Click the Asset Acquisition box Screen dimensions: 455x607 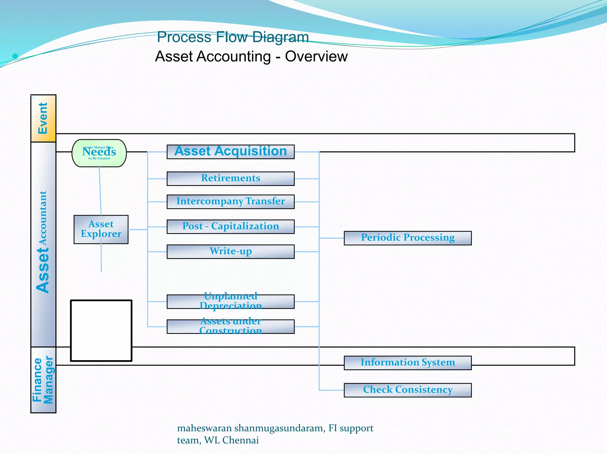[x=231, y=152]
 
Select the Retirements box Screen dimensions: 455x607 [x=231, y=179]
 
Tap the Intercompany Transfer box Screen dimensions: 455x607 [x=231, y=202]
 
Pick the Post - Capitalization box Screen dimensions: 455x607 [x=231, y=227]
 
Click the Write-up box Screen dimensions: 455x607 [x=231, y=251]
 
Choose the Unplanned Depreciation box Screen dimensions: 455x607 [x=231, y=302]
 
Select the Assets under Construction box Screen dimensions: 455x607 [x=231, y=326]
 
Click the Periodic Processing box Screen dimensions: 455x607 [x=408, y=238]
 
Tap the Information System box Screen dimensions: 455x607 [x=408, y=363]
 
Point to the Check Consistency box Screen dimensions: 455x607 [x=408, y=390]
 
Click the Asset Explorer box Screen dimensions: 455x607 [x=101, y=229]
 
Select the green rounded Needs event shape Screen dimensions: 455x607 [x=99, y=153]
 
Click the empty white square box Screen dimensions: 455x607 [x=101, y=331]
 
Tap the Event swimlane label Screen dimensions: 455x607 [x=43, y=118]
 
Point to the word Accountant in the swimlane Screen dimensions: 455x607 [x=43, y=218]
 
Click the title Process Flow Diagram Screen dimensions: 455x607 [x=233, y=37]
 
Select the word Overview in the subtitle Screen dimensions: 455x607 [x=316, y=57]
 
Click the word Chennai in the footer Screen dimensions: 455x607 [x=240, y=440]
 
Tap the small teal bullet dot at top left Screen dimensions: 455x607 [x=15, y=56]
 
